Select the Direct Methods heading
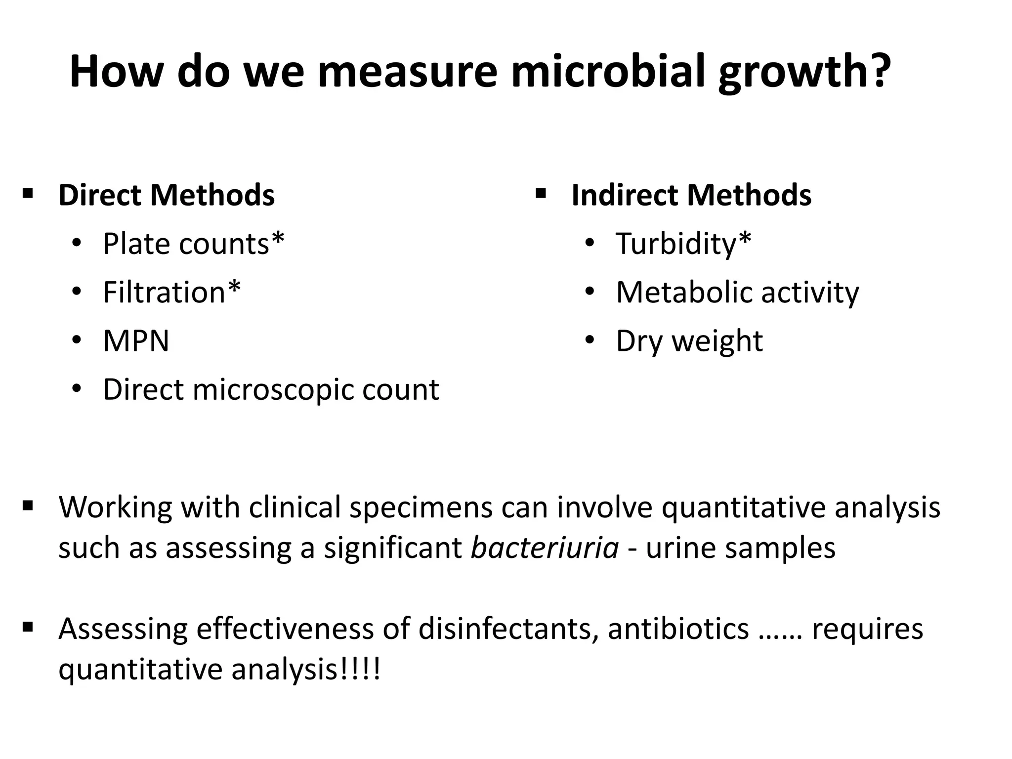(x=167, y=195)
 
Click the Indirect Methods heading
(x=691, y=195)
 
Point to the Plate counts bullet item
(x=193, y=244)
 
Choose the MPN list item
(x=136, y=341)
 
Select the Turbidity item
(x=683, y=244)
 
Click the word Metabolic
(x=684, y=292)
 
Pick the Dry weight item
(x=689, y=341)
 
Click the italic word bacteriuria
(x=545, y=548)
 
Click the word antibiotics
(x=678, y=629)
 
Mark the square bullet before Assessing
(x=28, y=628)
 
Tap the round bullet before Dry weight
(x=589, y=341)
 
